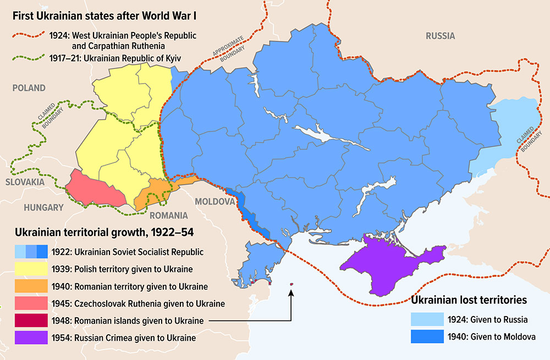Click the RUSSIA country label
click(440, 36)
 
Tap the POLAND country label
click(30, 88)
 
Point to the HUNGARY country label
click(43, 208)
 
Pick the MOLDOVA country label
click(215, 201)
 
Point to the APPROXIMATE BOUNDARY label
click(226, 57)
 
